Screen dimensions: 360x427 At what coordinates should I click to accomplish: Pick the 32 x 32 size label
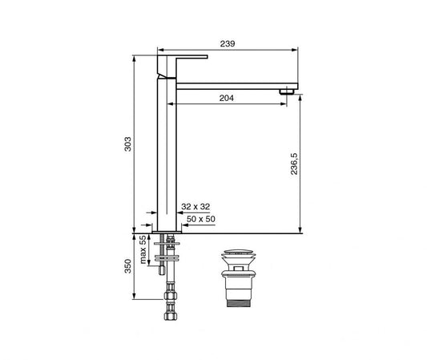tap(195, 207)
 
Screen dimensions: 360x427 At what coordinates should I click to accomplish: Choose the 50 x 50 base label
tap(200, 218)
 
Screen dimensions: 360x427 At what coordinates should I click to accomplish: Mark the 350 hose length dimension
tap(127, 267)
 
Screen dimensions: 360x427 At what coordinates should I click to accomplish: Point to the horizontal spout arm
tap(232, 84)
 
